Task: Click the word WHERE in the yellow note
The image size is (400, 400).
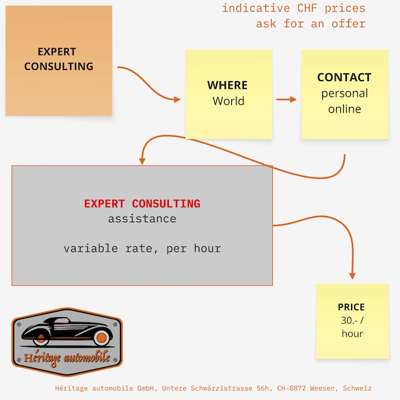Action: [x=227, y=85]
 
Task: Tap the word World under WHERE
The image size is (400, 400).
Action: [x=228, y=101]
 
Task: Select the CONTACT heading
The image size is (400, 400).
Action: [x=344, y=77]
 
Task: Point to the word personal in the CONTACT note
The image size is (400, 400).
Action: [x=344, y=94]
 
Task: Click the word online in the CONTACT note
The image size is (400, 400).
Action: [x=344, y=109]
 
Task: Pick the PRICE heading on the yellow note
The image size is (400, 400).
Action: [x=351, y=307]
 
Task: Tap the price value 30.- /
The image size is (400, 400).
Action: [x=352, y=321]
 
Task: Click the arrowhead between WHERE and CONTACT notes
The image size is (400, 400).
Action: [x=293, y=99]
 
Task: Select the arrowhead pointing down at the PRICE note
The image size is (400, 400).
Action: [x=352, y=276]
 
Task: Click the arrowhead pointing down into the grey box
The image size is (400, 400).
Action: [x=142, y=161]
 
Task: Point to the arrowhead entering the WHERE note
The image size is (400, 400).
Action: [x=177, y=99]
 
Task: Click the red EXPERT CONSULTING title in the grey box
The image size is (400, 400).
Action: [x=142, y=204]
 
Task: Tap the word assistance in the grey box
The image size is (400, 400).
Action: [x=142, y=219]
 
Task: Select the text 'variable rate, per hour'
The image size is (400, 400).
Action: [x=142, y=248]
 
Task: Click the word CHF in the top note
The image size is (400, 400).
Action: [x=307, y=8]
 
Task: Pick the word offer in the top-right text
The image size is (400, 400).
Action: [x=348, y=24]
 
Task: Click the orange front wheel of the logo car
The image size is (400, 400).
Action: [x=102, y=338]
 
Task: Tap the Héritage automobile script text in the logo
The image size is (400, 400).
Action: [x=67, y=358]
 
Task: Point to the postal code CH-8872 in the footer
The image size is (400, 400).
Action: [x=291, y=388]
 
